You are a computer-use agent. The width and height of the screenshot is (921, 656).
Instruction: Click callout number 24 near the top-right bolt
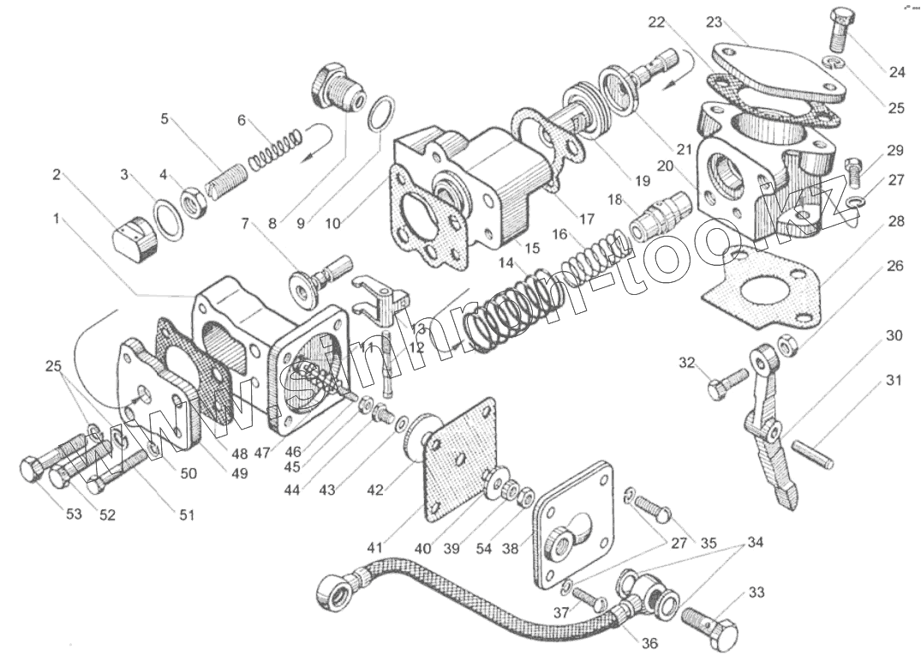click(896, 73)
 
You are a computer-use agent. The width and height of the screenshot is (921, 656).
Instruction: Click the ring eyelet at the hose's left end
click(332, 591)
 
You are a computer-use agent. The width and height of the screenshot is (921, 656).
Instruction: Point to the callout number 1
click(57, 219)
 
